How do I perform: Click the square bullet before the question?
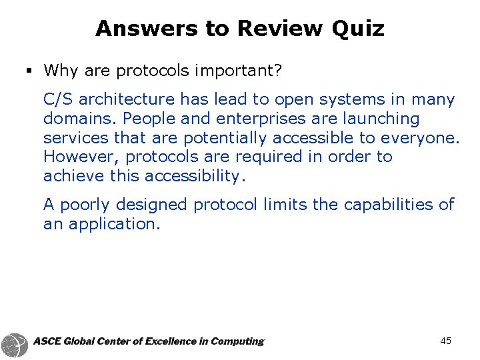point(31,70)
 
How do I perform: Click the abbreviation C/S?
point(59,100)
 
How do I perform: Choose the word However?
point(81,157)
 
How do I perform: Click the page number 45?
point(446,341)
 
